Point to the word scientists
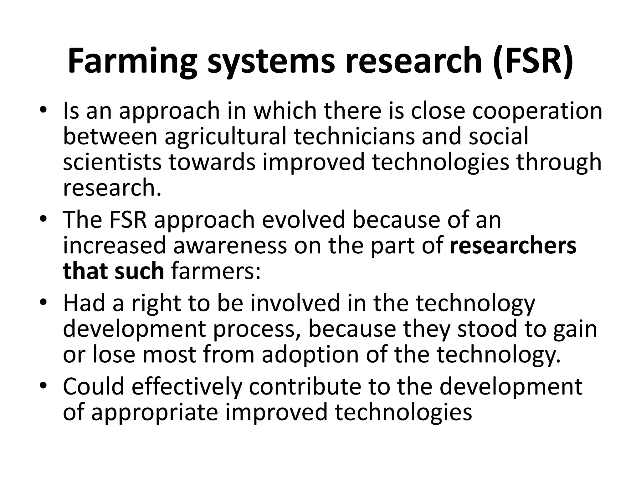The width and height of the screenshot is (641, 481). point(112,162)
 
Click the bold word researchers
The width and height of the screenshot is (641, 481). point(513,246)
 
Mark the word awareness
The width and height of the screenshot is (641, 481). point(230,246)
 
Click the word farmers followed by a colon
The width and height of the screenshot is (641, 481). point(216,272)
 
